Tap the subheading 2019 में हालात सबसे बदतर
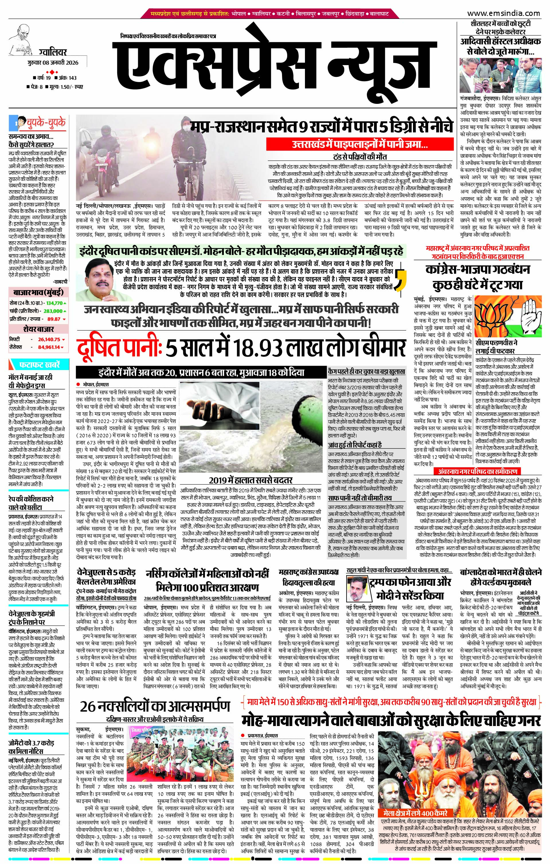[x=251, y=480]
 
